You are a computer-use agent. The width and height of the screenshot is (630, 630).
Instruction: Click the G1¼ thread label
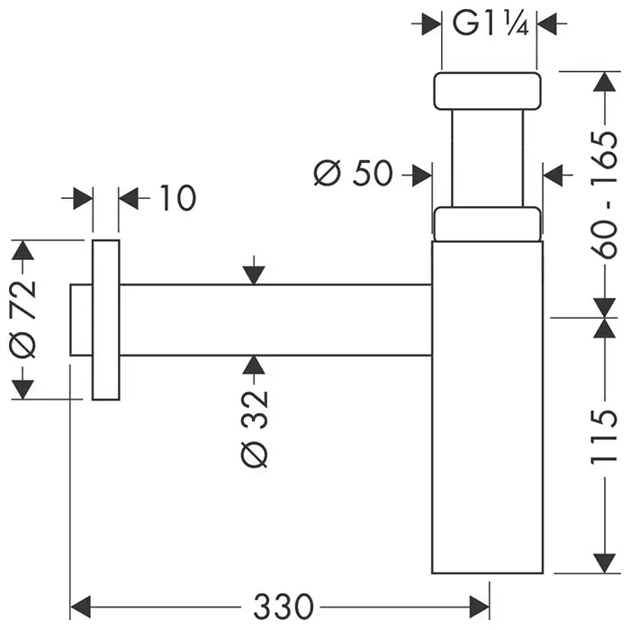tap(489, 23)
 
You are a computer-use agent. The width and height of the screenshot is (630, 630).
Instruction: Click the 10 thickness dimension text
tap(177, 198)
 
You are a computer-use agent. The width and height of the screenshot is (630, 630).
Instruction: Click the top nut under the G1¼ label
tap(489, 89)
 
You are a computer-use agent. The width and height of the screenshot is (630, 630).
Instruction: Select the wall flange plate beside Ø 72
tap(105, 319)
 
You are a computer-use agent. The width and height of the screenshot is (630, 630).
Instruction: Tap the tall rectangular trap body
tap(488, 405)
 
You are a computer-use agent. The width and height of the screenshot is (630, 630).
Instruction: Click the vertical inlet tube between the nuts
tap(488, 157)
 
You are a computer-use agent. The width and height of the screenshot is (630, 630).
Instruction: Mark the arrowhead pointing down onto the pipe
tap(256, 274)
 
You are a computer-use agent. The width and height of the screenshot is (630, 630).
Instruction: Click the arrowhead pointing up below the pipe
tap(256, 364)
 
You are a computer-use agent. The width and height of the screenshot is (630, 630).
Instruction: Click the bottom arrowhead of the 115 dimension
tap(599, 563)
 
